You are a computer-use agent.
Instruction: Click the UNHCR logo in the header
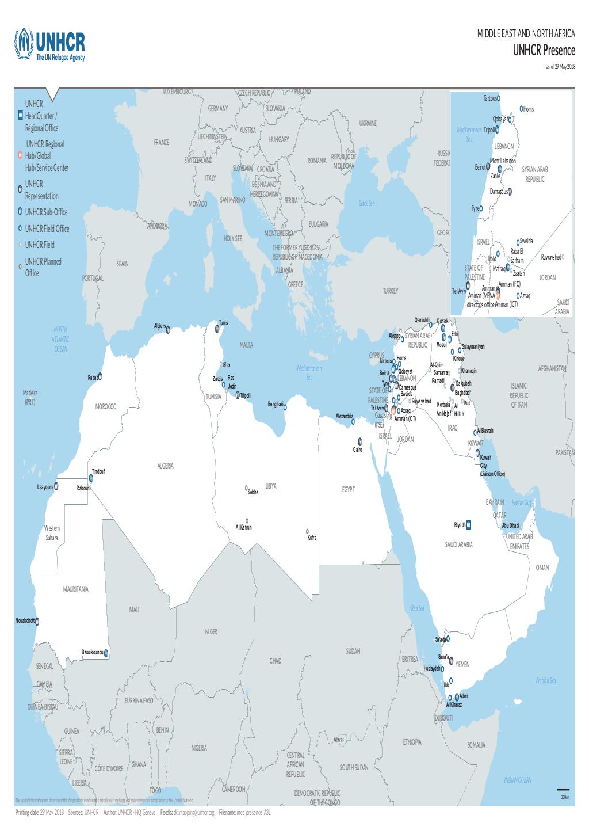coord(50,45)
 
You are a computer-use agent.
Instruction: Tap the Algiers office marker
coord(168,330)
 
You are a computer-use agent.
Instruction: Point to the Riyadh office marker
coord(469,524)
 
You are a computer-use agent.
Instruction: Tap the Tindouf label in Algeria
coord(98,471)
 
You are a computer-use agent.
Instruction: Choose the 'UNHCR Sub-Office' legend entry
coord(46,212)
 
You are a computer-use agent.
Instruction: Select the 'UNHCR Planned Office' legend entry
coord(43,267)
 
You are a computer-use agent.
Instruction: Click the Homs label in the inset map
coord(529,109)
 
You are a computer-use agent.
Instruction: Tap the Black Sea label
coord(366,203)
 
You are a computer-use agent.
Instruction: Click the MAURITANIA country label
coord(76,589)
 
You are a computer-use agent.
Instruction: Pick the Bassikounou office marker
coord(106,653)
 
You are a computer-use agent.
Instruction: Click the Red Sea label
coord(417,608)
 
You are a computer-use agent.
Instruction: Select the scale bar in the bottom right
coord(563,790)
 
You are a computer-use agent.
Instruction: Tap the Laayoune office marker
coord(56,485)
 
